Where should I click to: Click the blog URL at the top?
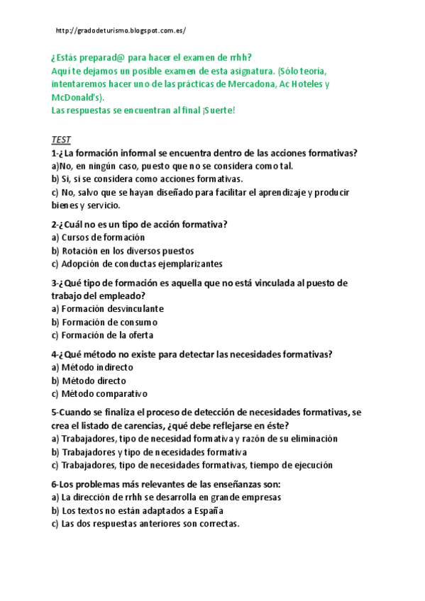120,31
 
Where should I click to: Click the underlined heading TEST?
62,140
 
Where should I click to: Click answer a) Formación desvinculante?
108,309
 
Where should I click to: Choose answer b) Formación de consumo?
104,322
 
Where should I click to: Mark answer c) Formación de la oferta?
102,335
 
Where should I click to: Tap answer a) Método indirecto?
92,367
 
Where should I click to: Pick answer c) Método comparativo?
99,393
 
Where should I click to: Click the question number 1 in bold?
55,153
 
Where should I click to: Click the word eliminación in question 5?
311,439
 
